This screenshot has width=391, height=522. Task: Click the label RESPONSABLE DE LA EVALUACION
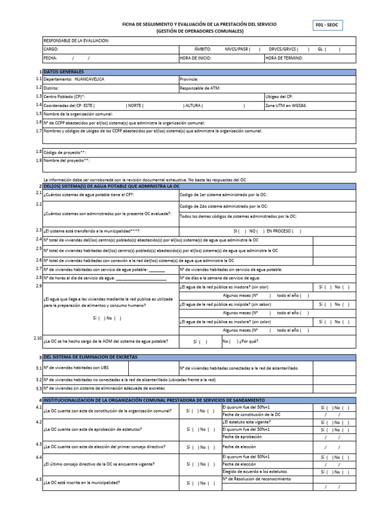pos(76,41)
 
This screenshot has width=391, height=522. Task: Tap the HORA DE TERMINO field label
pos(284,58)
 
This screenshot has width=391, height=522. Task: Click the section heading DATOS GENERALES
pos(64,72)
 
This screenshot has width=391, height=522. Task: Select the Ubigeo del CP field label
pos(279,96)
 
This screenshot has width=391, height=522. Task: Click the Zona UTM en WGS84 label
pos(286,106)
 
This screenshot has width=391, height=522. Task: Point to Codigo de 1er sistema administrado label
pos(224,194)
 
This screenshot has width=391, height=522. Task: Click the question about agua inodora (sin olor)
pos(224,287)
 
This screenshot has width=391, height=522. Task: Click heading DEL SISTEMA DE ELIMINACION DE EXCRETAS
pos(91,357)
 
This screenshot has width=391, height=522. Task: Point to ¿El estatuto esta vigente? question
pos(247,422)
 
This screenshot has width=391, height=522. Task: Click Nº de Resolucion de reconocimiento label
pos(257,479)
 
